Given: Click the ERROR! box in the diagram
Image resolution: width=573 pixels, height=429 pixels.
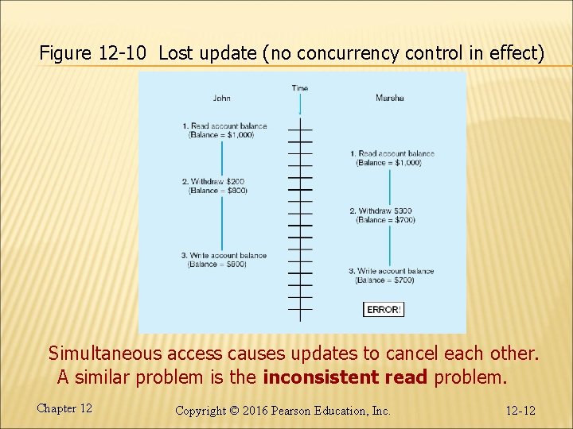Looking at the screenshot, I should click(384, 309).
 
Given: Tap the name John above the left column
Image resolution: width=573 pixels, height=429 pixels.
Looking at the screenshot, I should click(221, 99).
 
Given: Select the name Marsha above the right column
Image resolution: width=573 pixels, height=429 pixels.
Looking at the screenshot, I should click(389, 99).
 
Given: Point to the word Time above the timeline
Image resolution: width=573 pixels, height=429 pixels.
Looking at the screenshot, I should click(300, 88).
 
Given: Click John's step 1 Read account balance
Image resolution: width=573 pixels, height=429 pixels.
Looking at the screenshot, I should click(224, 126).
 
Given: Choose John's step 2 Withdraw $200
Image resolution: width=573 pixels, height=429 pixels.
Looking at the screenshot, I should click(212, 182).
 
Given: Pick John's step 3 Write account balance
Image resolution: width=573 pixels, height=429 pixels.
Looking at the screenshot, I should click(224, 256).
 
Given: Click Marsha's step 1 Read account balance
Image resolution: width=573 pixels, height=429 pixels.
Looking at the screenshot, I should click(392, 154).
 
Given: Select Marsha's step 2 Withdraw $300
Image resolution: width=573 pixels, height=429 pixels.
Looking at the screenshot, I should click(381, 211).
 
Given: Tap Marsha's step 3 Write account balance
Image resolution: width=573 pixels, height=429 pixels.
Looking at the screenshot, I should click(391, 272).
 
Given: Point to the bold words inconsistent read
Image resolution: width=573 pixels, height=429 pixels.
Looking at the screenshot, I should click(345, 377).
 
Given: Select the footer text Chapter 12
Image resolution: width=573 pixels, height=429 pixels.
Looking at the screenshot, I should click(64, 408).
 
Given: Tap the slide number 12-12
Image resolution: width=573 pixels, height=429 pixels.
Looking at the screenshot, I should click(520, 411).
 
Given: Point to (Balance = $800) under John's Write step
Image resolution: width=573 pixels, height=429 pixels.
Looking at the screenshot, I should click(217, 265).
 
